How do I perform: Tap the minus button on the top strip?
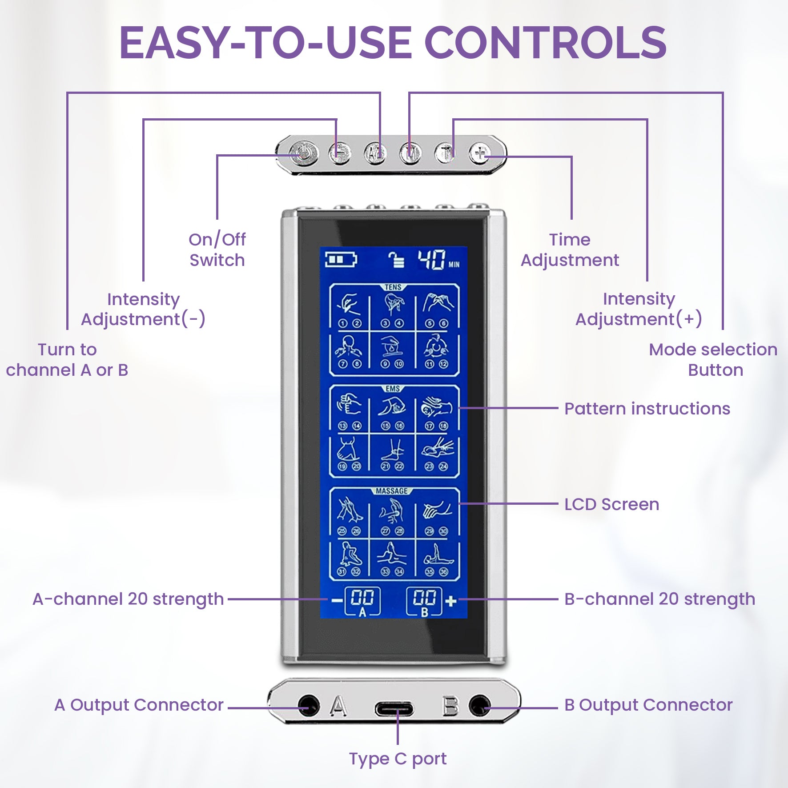(x=340, y=153)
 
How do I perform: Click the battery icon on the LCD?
(x=341, y=259)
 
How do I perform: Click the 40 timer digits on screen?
(x=431, y=260)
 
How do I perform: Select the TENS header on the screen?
(x=393, y=288)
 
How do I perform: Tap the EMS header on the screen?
(x=393, y=389)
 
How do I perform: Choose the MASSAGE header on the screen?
(x=392, y=491)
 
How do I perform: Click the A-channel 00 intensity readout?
(x=362, y=598)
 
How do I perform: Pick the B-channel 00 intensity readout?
(x=425, y=598)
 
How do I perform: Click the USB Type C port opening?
(x=394, y=709)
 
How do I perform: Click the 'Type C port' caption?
(x=398, y=759)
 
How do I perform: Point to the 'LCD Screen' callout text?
(x=611, y=504)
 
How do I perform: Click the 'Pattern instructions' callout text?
(x=647, y=409)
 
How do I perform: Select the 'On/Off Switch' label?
(x=217, y=250)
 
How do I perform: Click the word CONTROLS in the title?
(x=545, y=43)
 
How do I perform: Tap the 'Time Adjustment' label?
(x=570, y=250)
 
